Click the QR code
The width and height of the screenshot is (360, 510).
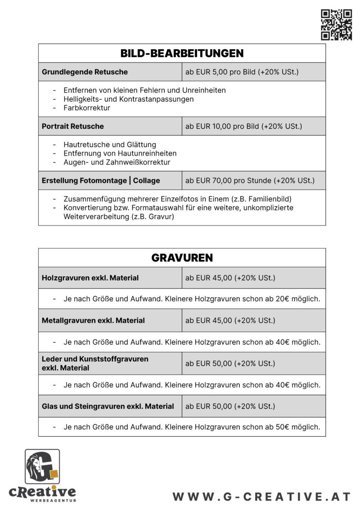click(x=336, y=25)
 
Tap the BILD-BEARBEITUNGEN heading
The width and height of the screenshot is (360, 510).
click(x=182, y=54)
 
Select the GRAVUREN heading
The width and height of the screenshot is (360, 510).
click(x=182, y=258)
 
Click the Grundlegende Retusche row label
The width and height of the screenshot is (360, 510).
click(x=85, y=72)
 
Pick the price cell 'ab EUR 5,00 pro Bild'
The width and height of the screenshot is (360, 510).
click(x=242, y=72)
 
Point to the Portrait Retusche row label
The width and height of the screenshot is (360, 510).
click(x=72, y=126)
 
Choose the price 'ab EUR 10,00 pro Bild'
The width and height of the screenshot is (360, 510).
click(x=243, y=126)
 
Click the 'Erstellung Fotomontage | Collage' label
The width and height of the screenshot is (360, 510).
click(x=101, y=181)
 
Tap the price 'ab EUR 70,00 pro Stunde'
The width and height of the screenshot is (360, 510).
click(x=250, y=181)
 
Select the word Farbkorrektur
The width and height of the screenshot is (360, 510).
click(x=87, y=108)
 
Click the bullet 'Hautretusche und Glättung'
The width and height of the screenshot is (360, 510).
click(x=110, y=144)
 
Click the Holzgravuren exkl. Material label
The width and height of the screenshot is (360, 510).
click(x=90, y=278)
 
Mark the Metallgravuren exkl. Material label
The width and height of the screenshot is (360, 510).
click(x=93, y=320)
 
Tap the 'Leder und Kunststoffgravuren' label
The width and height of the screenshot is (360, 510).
click(x=95, y=359)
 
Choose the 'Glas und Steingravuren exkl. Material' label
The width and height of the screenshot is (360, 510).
click(x=108, y=406)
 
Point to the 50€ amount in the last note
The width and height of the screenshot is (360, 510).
click(x=281, y=427)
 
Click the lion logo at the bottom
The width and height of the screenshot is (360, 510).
click(x=42, y=467)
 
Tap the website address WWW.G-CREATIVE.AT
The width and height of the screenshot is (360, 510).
click(x=261, y=496)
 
